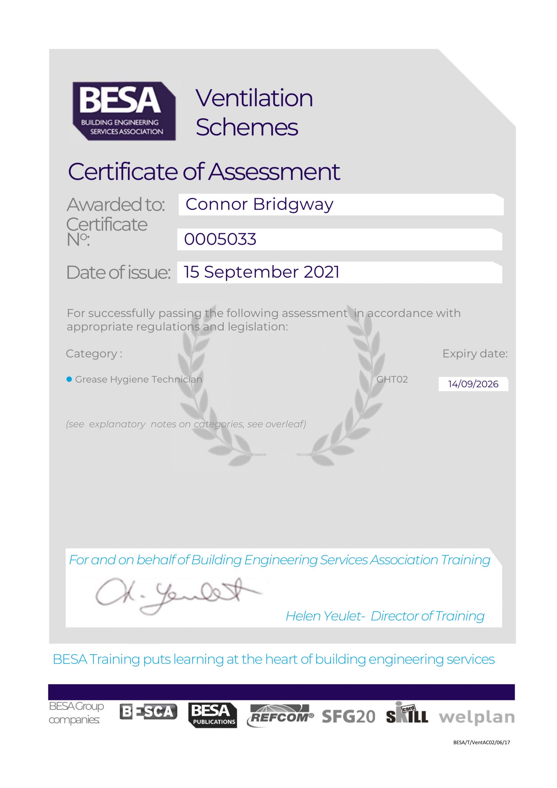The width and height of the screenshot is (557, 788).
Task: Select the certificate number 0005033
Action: tap(220, 239)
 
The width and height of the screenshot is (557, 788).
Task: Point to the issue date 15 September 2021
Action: tap(262, 272)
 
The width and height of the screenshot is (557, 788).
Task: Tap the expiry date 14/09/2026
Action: tap(473, 384)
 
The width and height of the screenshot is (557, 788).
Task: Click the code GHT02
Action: tap(392, 379)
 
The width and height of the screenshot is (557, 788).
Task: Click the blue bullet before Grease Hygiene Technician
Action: tap(69, 379)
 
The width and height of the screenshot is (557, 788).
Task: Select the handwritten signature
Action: tap(178, 596)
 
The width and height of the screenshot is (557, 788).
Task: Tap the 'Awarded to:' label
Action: tap(116, 205)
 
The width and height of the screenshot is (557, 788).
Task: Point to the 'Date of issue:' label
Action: tap(118, 272)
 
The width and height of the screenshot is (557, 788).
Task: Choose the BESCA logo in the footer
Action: tap(148, 712)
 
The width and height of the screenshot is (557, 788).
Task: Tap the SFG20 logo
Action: tap(348, 717)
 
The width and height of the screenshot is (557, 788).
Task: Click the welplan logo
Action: tap(477, 717)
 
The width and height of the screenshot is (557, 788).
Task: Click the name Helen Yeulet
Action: tap(325, 616)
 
